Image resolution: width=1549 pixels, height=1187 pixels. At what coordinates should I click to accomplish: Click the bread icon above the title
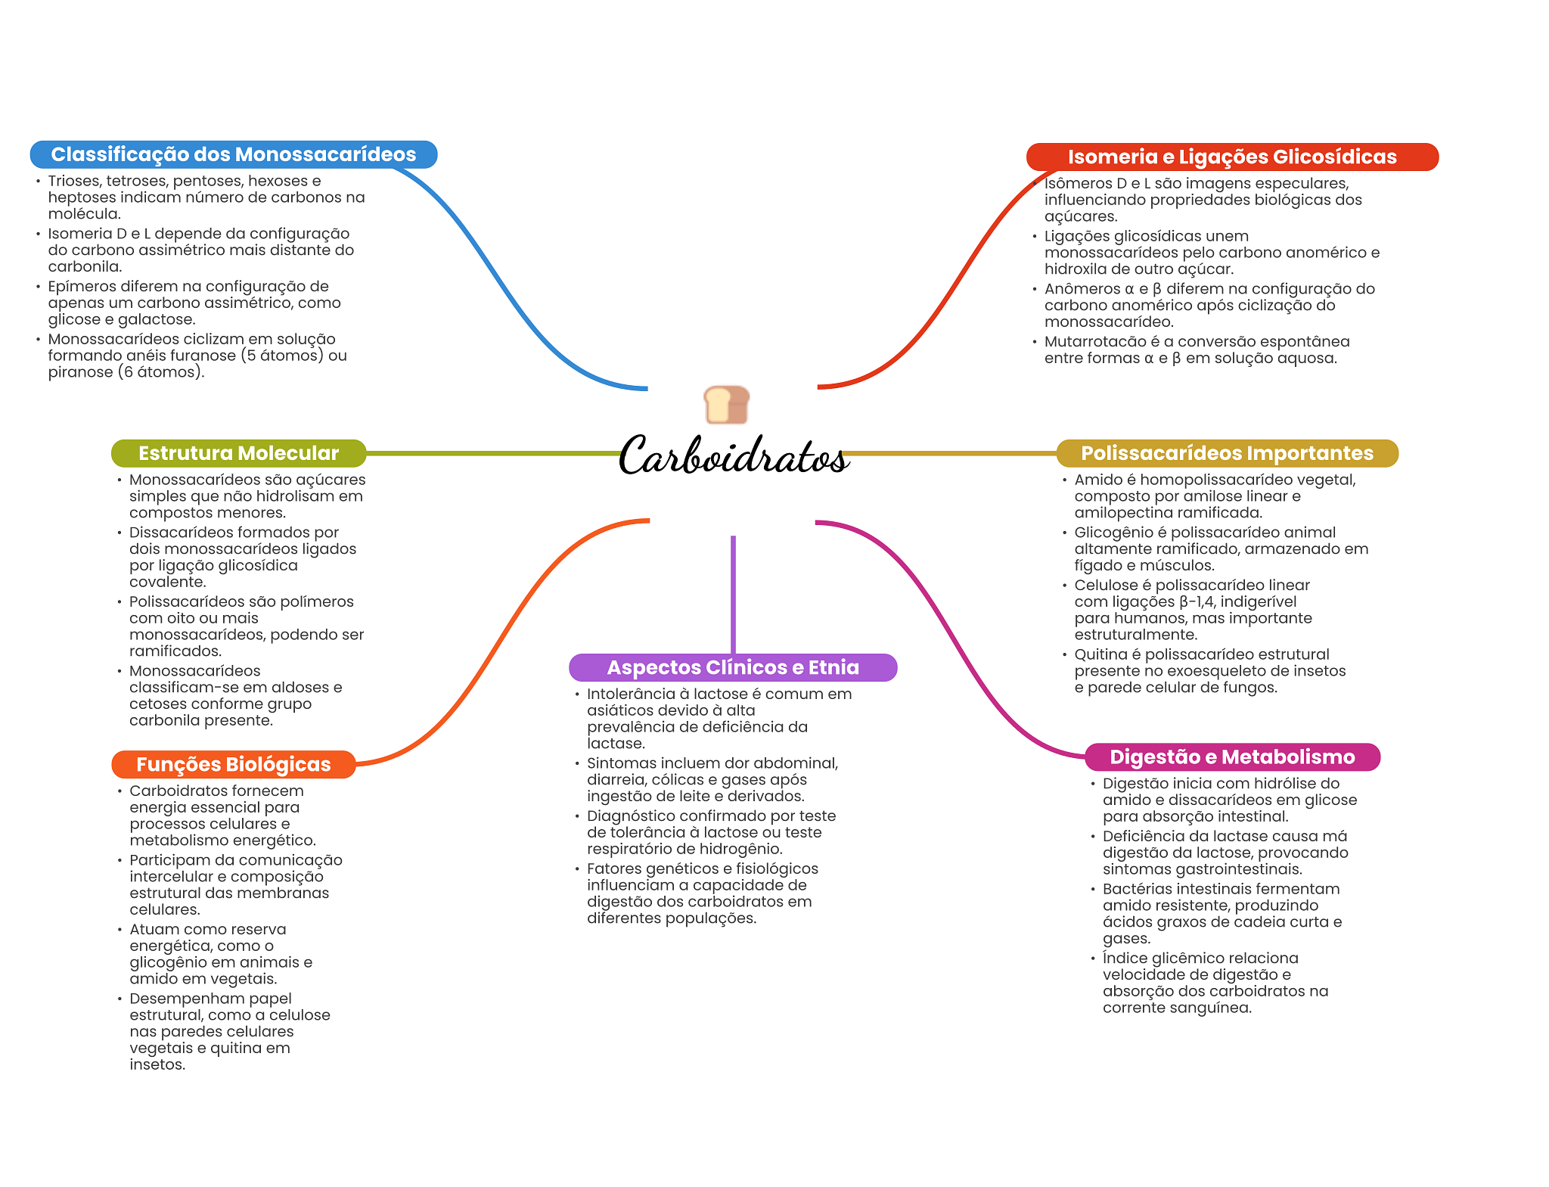click(726, 405)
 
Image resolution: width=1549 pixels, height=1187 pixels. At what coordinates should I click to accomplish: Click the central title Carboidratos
click(733, 456)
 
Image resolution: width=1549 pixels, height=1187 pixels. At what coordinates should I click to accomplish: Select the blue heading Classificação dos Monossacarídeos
click(233, 154)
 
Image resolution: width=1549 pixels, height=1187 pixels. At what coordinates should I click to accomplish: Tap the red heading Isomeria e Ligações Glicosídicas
click(1231, 157)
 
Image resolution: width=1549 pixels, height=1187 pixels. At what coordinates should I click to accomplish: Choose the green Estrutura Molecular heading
click(238, 453)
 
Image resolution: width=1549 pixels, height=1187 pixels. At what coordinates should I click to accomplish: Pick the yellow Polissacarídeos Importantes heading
click(1227, 453)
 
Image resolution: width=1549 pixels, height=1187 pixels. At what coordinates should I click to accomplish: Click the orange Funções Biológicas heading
click(233, 764)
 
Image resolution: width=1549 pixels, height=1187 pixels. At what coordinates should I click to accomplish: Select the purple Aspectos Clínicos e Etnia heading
click(732, 667)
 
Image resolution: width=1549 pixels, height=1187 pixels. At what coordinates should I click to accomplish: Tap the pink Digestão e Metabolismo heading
click(1231, 757)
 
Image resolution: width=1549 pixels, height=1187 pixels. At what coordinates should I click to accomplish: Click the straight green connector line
click(492, 453)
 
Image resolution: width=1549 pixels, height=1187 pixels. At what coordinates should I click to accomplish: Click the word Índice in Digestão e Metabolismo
click(1123, 958)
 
